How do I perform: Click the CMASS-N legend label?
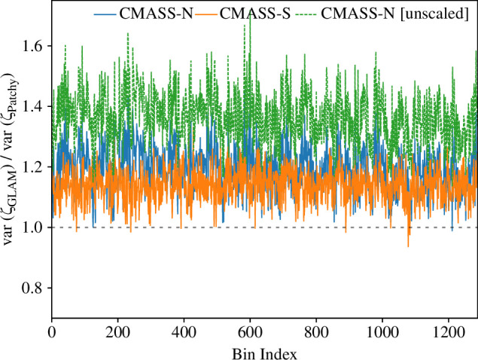(156, 14)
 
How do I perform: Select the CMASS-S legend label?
(255, 14)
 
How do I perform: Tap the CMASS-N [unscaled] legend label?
(394, 14)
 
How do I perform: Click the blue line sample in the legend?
(105, 14)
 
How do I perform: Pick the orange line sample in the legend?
(206, 14)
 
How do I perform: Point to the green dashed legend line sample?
(306, 14)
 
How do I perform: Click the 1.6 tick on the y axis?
(32, 46)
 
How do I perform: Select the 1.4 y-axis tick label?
(32, 106)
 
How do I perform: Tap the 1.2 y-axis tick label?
(32, 167)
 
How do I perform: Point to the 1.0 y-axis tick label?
(32, 227)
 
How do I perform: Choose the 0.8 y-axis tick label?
(32, 288)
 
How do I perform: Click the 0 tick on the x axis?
(52, 332)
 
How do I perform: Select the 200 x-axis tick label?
(118, 332)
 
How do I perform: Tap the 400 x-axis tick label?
(184, 332)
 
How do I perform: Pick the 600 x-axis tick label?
(250, 332)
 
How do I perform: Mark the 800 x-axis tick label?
(316, 332)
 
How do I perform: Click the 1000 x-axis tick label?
(382, 332)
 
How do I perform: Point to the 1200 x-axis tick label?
(449, 332)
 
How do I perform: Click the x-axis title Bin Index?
(264, 353)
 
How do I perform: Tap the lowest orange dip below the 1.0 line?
(408, 246)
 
